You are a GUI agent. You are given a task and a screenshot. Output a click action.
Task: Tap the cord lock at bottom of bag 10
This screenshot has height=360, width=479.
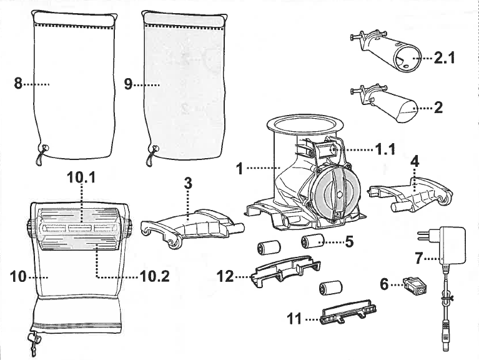pyautogui.click(x=32, y=341)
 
